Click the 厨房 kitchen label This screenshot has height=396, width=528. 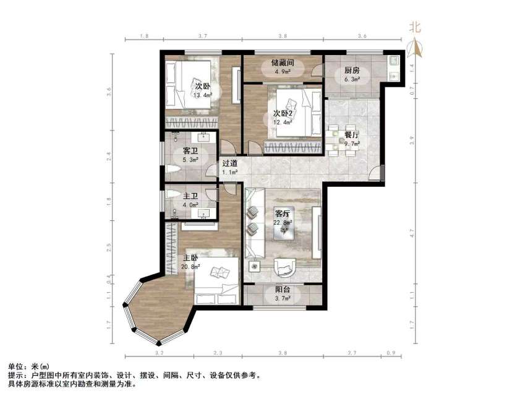344,71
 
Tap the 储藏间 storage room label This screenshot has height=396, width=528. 281,63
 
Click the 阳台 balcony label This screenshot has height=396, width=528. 283,290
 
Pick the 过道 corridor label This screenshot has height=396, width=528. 231,164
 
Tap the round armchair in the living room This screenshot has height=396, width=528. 285,267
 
